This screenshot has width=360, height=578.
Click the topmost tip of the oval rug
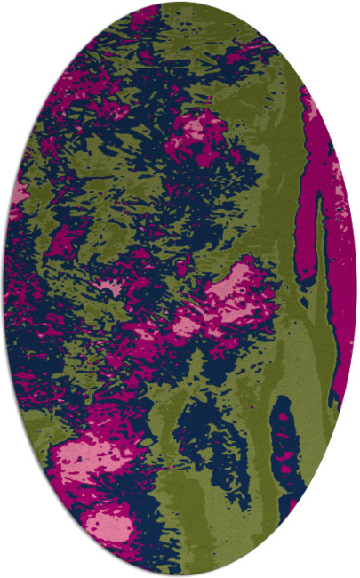[180, 3]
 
